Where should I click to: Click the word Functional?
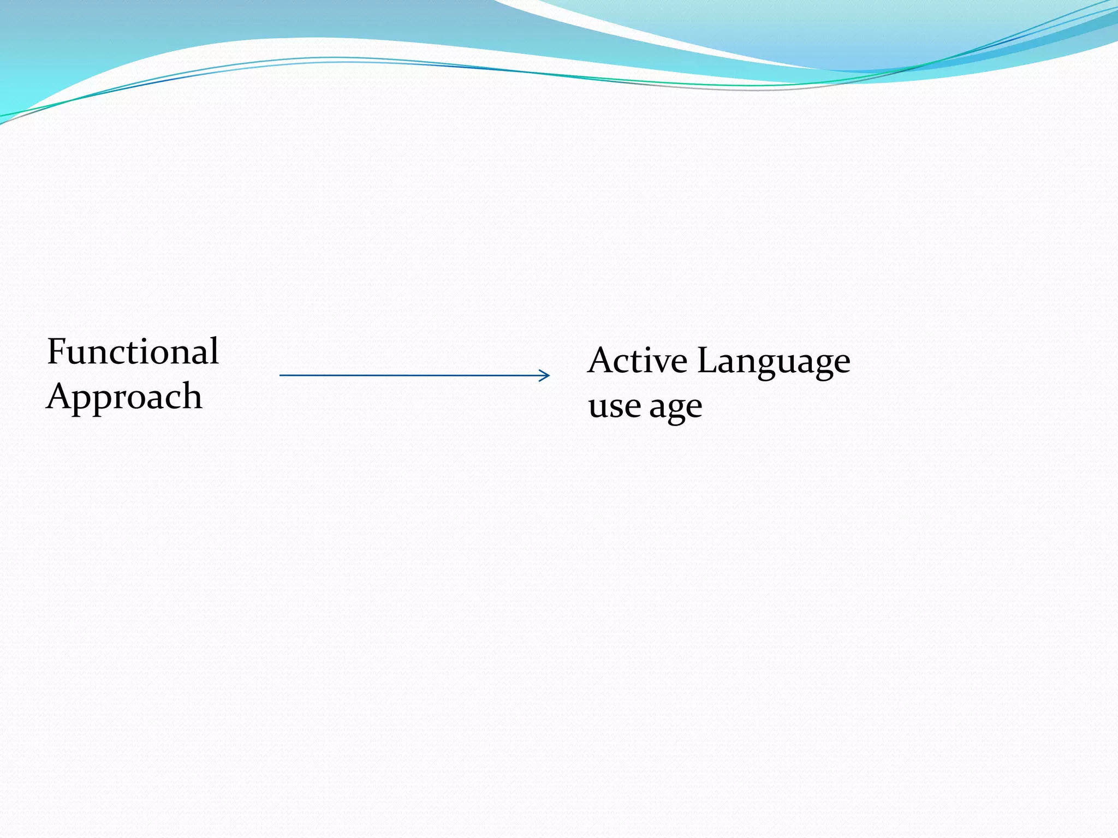tap(133, 351)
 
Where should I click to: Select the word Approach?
tap(124, 397)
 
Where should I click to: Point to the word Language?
tap(774, 362)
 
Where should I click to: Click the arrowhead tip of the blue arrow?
tap(549, 375)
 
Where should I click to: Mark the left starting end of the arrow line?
tap(281, 375)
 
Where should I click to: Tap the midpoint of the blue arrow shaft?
tap(414, 375)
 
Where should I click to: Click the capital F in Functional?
tap(57, 351)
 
